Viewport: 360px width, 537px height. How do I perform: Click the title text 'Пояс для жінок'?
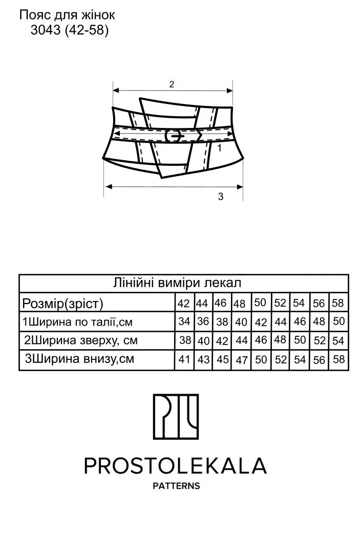coord(67,15)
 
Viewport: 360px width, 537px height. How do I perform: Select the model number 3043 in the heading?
coord(46,31)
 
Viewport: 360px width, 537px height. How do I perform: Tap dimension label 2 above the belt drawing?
coord(172,84)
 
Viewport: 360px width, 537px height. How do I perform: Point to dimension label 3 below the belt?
coord(221,197)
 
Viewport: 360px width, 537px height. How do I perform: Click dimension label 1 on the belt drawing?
coord(220,148)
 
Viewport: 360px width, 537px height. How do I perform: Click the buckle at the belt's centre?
coord(174,136)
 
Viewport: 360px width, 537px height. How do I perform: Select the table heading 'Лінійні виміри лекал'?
coord(177,283)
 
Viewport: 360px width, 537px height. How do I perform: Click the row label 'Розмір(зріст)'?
coord(62,303)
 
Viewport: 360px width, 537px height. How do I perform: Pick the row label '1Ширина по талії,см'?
coord(77,322)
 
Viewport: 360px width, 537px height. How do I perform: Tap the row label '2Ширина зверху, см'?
coord(81,340)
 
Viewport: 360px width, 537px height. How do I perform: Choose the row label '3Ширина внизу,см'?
coord(79,358)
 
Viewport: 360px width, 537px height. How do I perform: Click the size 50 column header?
coord(260,303)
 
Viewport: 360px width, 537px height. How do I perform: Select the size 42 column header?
coord(184,304)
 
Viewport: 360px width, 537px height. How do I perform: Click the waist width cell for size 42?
coord(184,321)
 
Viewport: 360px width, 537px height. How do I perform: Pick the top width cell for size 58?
coord(338,341)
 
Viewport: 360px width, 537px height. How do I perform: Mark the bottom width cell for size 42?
coord(184,359)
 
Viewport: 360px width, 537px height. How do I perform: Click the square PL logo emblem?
coord(176,417)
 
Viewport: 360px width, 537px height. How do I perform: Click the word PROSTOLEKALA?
coord(175,466)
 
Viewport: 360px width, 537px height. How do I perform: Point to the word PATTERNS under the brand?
coord(176,486)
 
